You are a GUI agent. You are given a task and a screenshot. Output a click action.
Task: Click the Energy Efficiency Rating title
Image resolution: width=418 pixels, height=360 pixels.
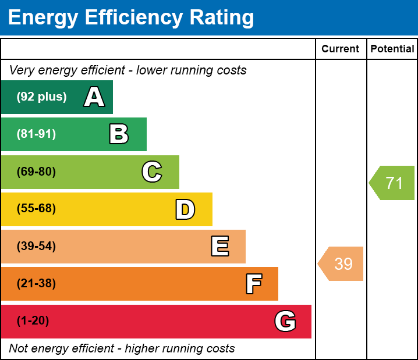click(x=131, y=18)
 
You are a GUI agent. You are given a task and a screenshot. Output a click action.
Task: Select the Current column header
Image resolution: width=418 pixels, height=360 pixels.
click(x=341, y=49)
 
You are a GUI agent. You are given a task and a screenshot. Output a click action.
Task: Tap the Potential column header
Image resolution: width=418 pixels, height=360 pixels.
click(x=392, y=49)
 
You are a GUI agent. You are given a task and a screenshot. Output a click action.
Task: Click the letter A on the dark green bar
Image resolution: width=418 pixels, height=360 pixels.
click(x=94, y=97)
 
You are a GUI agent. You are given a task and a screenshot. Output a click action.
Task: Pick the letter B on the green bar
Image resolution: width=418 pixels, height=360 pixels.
click(x=119, y=134)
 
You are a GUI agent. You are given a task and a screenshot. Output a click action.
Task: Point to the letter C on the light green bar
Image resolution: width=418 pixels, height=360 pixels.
click(x=152, y=172)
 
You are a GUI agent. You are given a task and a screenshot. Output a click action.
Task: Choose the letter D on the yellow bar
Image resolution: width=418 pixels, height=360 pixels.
click(x=185, y=209)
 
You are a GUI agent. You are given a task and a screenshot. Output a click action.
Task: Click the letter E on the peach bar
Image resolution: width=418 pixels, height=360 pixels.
click(x=219, y=247)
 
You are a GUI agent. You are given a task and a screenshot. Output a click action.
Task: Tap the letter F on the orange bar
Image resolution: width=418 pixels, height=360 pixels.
click(x=253, y=284)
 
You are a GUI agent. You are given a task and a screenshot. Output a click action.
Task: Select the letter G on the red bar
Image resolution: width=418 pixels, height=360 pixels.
click(x=285, y=321)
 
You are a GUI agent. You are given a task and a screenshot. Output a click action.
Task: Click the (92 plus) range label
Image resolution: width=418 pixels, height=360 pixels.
click(x=41, y=97)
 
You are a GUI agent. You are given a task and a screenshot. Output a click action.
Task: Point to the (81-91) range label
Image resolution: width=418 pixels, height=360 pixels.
click(x=36, y=134)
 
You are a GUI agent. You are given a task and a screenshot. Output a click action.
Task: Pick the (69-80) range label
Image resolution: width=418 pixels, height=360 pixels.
click(x=36, y=172)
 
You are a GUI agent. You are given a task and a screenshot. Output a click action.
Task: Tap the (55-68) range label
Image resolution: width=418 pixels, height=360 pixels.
click(x=36, y=209)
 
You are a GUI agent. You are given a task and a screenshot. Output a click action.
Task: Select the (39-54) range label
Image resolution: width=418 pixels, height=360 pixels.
click(x=36, y=247)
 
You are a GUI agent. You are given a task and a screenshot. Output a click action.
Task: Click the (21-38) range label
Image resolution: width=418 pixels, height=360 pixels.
click(x=36, y=284)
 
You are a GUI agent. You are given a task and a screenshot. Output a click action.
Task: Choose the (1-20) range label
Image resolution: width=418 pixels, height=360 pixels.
click(x=33, y=321)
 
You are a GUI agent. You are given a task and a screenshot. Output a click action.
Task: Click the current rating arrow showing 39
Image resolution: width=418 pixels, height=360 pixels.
click(x=342, y=263)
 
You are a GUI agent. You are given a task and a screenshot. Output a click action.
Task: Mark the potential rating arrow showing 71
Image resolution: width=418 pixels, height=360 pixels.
click(x=393, y=183)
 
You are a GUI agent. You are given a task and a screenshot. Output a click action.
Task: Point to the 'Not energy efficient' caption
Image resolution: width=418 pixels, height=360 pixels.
click(x=122, y=348)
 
